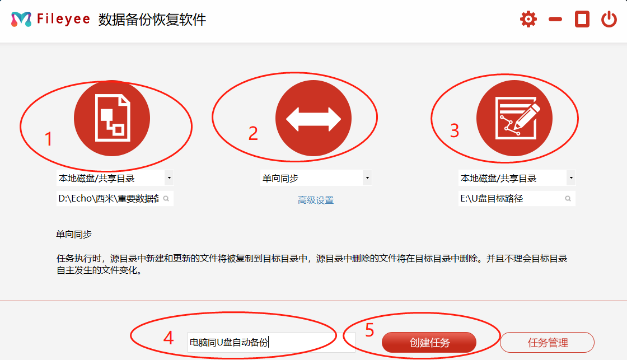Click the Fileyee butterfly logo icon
tap(21, 19)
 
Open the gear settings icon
tap(528, 20)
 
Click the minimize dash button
tap(555, 20)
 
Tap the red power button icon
tap(609, 20)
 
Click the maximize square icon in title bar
tap(582, 20)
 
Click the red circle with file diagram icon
tap(112, 118)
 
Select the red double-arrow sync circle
tap(313, 118)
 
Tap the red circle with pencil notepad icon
tap(514, 118)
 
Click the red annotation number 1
tap(49, 139)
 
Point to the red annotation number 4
tap(168, 338)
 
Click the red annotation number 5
tap(369, 330)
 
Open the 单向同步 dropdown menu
tap(316, 179)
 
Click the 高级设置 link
tap(316, 200)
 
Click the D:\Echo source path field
tap(109, 198)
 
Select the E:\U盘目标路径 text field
tap(509, 198)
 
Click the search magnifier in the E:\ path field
tap(568, 198)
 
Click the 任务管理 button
tap(547, 343)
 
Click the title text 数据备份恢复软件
tap(152, 20)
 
